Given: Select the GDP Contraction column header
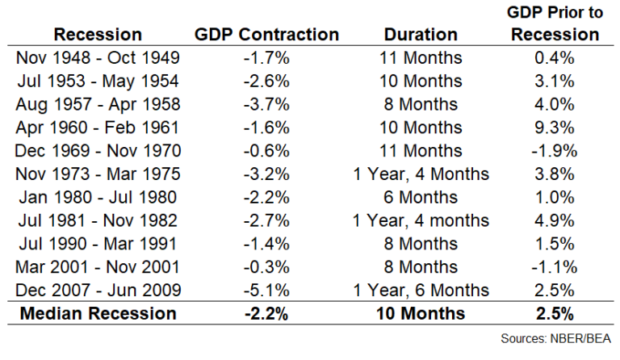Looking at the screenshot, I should click(x=267, y=34).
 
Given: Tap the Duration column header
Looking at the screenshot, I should click(x=421, y=34).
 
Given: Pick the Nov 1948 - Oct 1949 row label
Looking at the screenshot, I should click(x=99, y=58).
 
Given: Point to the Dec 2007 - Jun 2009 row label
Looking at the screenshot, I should click(x=99, y=289).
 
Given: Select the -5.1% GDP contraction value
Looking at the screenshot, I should click(x=267, y=289).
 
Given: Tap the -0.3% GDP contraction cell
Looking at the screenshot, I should click(x=267, y=266).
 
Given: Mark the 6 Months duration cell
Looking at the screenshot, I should click(x=421, y=197).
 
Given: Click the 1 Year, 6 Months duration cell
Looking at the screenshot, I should click(x=421, y=289).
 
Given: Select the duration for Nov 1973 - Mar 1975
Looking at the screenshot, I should click(x=421, y=174).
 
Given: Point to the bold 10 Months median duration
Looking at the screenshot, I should click(x=421, y=313).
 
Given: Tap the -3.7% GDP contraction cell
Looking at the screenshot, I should click(x=267, y=105).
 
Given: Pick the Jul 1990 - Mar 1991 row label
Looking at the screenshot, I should click(x=99, y=243).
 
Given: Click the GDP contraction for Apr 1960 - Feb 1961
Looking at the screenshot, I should click(x=267, y=128).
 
